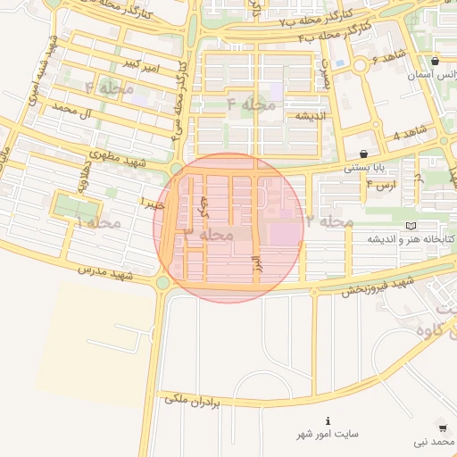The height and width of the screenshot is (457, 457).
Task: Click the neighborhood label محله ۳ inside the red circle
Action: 207,234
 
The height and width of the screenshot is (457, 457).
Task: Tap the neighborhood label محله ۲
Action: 328,220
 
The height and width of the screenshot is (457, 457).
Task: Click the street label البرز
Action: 254,264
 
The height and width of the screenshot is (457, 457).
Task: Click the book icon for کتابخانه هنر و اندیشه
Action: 410,226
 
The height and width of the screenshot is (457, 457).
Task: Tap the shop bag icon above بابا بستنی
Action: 363,153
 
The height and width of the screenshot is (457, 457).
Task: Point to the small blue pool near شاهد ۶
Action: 339,63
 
